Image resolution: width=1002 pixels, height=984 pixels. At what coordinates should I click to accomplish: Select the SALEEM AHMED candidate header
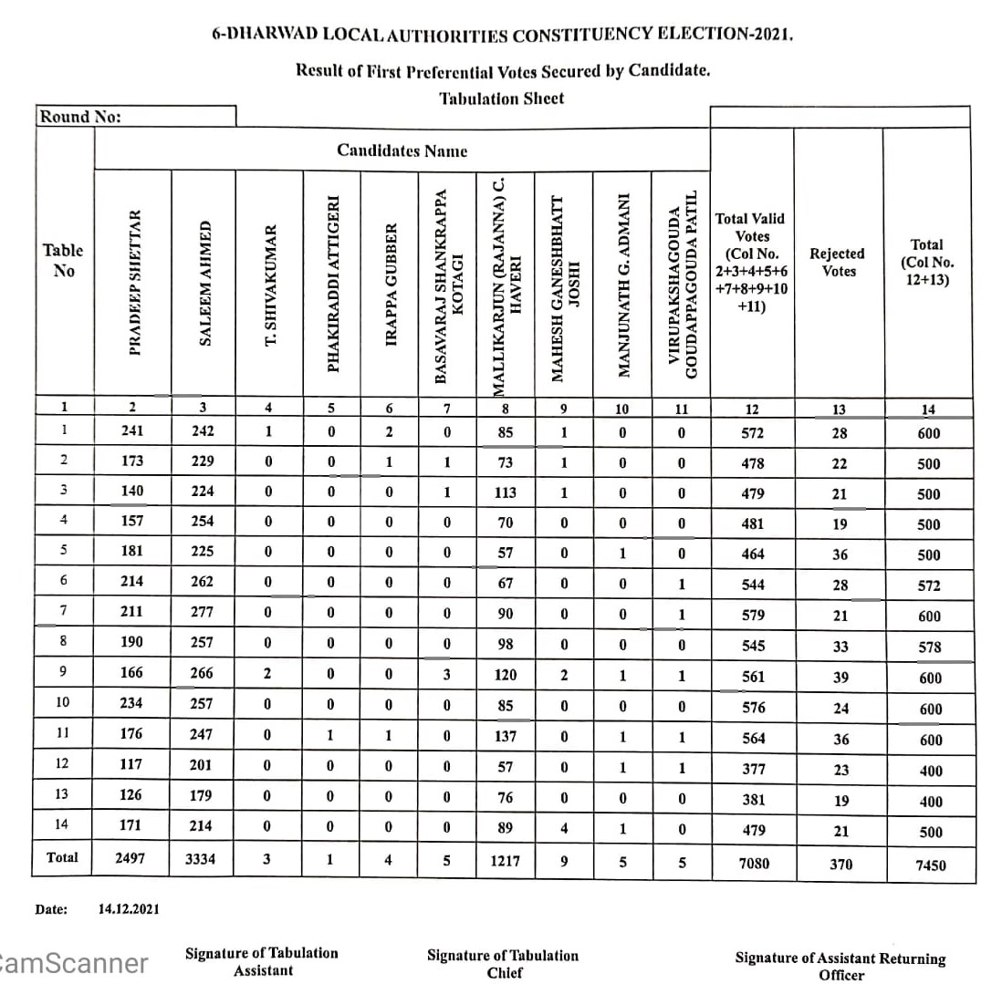pos(205,283)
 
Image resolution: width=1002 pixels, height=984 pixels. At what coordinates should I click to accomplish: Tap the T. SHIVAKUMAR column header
pos(269,285)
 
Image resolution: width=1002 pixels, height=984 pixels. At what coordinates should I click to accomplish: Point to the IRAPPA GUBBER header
pos(391,285)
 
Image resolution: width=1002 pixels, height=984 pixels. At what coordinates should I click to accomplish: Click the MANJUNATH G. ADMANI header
pos(624,285)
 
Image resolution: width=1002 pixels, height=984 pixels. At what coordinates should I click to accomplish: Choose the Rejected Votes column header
pos(837,262)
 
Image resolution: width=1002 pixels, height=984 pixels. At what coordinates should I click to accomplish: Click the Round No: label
pos(79,117)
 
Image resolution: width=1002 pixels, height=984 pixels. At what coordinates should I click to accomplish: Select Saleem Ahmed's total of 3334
pos(200,858)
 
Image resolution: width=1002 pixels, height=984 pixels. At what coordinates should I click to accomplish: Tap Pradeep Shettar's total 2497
pos(130,858)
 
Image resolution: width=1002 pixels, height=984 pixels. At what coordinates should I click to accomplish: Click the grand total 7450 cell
pos(928,865)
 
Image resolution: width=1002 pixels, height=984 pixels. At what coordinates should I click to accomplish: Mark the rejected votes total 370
pos(840,863)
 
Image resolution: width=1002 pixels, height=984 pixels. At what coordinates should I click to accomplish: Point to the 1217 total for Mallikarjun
pos(505,858)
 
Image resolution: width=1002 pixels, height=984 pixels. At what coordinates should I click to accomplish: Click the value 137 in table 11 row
pos(505,736)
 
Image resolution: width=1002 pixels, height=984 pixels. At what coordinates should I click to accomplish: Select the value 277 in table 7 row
pos(202,614)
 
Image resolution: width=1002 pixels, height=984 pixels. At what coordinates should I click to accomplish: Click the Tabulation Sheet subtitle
pos(501,98)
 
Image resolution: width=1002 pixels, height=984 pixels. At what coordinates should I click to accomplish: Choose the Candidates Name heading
pos(402,150)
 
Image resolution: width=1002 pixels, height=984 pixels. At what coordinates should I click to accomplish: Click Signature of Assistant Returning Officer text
pos(840,967)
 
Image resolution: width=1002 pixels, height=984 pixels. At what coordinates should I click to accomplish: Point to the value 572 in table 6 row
pos(930,586)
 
